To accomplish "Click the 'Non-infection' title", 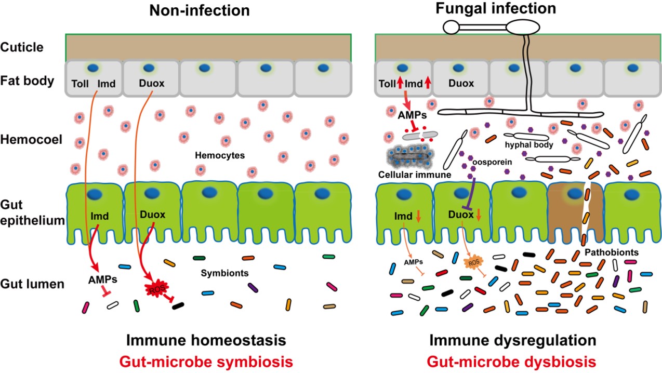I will (192, 10).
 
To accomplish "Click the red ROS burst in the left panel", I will (155, 288).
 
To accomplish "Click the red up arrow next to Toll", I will (400, 84).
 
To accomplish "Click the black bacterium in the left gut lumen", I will (178, 305).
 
